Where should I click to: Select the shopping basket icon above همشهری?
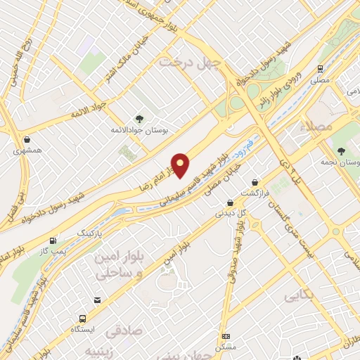26,139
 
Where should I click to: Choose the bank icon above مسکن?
226,336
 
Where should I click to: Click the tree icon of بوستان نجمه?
341,150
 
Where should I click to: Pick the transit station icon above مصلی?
320,69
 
